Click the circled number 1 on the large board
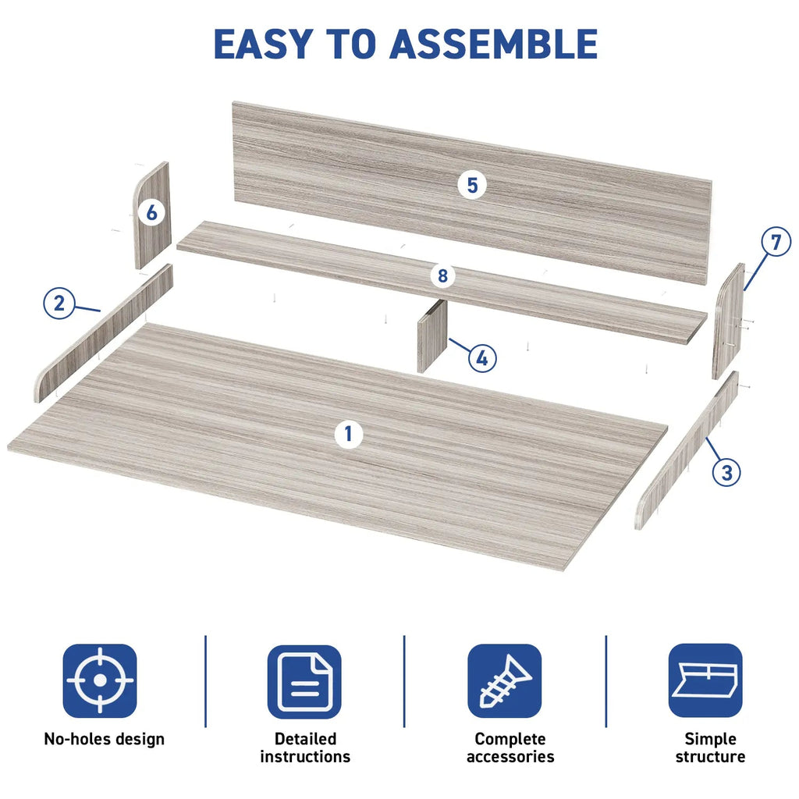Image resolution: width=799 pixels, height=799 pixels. pyautogui.click(x=349, y=434)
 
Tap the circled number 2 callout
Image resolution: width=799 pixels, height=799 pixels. pyautogui.click(x=59, y=304)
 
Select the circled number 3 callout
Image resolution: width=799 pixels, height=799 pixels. pyautogui.click(x=726, y=472)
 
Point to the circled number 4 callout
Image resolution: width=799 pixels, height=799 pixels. pyautogui.click(x=482, y=358)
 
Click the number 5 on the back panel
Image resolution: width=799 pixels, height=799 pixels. pyautogui.click(x=472, y=185)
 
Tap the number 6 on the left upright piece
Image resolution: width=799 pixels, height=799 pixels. pyautogui.click(x=151, y=212)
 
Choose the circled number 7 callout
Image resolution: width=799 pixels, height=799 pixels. pyautogui.click(x=776, y=242)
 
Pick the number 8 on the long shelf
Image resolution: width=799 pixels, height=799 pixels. pyautogui.click(x=442, y=275)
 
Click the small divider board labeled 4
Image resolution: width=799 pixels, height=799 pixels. pyautogui.click(x=432, y=336)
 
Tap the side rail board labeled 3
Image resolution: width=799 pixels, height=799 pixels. pyautogui.click(x=687, y=450)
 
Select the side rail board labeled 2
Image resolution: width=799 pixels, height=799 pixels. pyautogui.click(x=104, y=333)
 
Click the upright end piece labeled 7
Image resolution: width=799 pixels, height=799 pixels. pyautogui.click(x=728, y=321)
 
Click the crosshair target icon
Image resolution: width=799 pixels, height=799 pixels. pyautogui.click(x=100, y=680)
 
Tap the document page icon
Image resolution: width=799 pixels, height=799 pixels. pyautogui.click(x=304, y=682)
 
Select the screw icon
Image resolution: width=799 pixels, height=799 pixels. pyautogui.click(x=505, y=680)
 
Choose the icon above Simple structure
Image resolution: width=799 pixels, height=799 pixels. pyautogui.click(x=705, y=680)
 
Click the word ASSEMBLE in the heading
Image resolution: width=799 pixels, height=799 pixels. pyautogui.click(x=493, y=44)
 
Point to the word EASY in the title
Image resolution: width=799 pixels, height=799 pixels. pyautogui.click(x=264, y=44)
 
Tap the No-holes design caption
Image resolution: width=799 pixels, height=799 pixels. pyautogui.click(x=104, y=739)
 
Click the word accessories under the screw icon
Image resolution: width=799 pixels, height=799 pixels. pyautogui.click(x=510, y=757)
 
